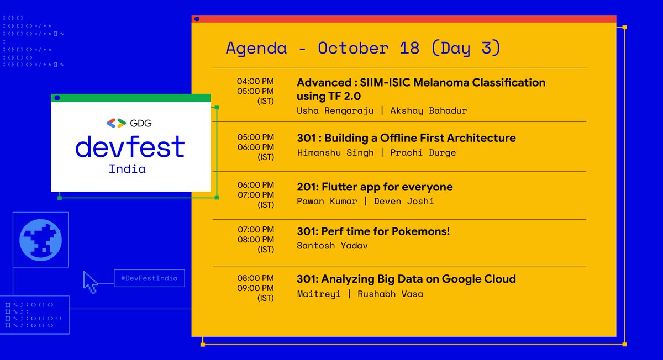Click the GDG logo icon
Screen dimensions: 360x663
[115, 123]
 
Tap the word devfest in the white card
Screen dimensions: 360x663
[130, 146]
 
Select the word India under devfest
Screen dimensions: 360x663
[127, 169]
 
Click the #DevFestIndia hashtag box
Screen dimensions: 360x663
[149, 278]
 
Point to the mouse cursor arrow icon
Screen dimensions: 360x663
[90, 281]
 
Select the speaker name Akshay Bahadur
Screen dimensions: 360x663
[429, 110]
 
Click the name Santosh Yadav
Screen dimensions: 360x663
[332, 245]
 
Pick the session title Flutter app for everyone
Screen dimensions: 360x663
[375, 187]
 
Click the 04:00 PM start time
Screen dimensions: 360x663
[255, 81]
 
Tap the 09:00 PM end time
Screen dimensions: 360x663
[255, 288]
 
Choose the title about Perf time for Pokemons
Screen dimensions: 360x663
[373, 231]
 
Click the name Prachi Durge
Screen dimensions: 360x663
[423, 152]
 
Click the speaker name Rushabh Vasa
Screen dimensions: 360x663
[391, 294]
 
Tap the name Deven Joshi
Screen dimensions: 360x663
[404, 201]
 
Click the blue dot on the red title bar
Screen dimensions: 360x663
[197, 19]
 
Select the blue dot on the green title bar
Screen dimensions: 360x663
[56, 98]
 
